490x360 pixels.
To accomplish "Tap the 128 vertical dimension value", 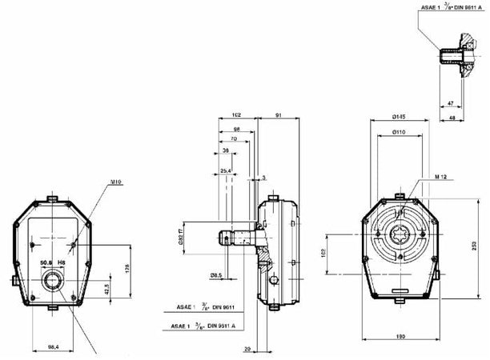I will point(127,268).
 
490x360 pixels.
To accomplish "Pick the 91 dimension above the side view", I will point(278,115).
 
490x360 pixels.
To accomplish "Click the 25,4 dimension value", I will point(227,170).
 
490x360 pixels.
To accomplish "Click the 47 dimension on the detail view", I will point(450,104).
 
